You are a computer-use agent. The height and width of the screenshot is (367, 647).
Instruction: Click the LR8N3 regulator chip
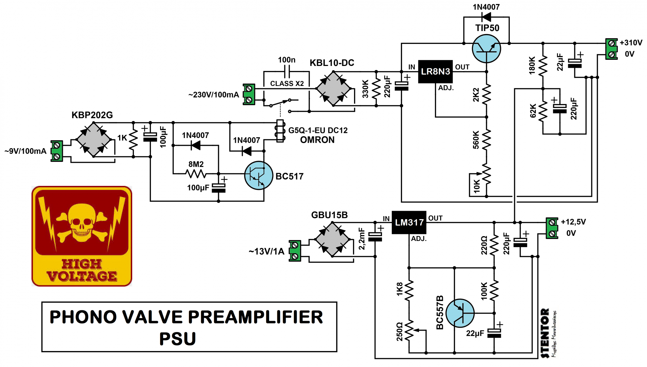435,72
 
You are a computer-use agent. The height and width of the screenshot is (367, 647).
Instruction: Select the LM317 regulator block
409,223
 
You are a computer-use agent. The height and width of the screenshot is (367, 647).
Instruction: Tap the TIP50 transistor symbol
486,48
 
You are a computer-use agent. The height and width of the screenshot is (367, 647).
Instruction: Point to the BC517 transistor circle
259,175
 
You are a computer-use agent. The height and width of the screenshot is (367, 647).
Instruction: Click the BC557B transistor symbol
460,313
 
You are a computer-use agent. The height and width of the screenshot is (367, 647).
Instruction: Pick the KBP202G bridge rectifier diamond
93,139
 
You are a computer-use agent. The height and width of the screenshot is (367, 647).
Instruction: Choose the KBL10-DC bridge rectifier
333,88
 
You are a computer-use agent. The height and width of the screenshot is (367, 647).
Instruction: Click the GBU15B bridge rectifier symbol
332,240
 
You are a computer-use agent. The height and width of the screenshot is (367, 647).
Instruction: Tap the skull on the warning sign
82,223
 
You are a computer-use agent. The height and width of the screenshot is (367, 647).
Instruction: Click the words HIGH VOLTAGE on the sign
82,270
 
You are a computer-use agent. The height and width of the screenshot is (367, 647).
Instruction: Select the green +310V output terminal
611,49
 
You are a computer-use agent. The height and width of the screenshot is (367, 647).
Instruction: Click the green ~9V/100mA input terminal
57,151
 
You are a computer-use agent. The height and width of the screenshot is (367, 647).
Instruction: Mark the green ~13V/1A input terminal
295,251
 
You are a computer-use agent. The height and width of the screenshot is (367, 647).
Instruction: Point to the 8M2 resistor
196,174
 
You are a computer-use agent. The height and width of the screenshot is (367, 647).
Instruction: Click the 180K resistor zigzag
543,66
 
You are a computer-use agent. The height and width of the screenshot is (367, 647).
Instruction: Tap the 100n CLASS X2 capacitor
286,72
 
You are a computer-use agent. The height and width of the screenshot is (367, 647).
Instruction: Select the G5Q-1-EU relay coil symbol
280,131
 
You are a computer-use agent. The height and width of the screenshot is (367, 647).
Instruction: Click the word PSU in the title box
178,339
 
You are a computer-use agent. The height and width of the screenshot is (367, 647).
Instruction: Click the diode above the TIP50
486,17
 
